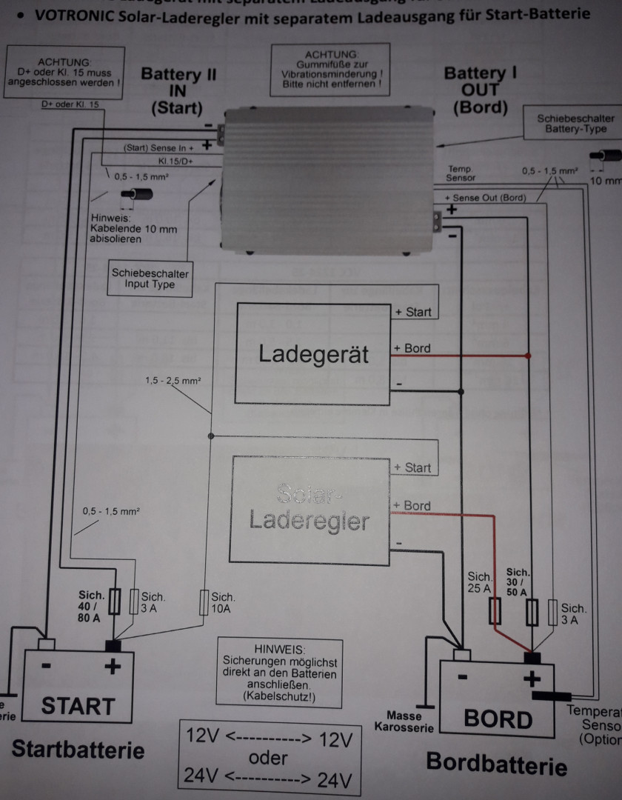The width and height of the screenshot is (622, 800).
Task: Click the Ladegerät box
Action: (x=312, y=353)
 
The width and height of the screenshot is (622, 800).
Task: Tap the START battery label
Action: (x=78, y=705)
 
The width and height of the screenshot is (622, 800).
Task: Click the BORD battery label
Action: (x=497, y=718)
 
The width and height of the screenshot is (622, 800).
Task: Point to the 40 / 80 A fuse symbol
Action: (x=114, y=601)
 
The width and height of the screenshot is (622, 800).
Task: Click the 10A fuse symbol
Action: (x=204, y=601)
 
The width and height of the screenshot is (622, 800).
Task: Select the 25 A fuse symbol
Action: (x=497, y=610)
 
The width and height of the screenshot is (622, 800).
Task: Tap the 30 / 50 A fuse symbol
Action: (x=531, y=612)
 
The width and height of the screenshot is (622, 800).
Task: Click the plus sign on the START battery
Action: (x=113, y=667)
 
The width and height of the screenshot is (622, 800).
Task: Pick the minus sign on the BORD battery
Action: (x=462, y=676)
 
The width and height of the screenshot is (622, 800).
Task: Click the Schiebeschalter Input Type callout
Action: (x=150, y=278)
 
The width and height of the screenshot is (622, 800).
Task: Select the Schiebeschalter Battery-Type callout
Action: (x=575, y=123)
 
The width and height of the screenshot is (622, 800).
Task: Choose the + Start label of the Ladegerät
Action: (x=413, y=312)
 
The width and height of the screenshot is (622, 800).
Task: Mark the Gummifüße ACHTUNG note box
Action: (x=331, y=70)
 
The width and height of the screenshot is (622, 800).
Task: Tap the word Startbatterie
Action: (x=78, y=749)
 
